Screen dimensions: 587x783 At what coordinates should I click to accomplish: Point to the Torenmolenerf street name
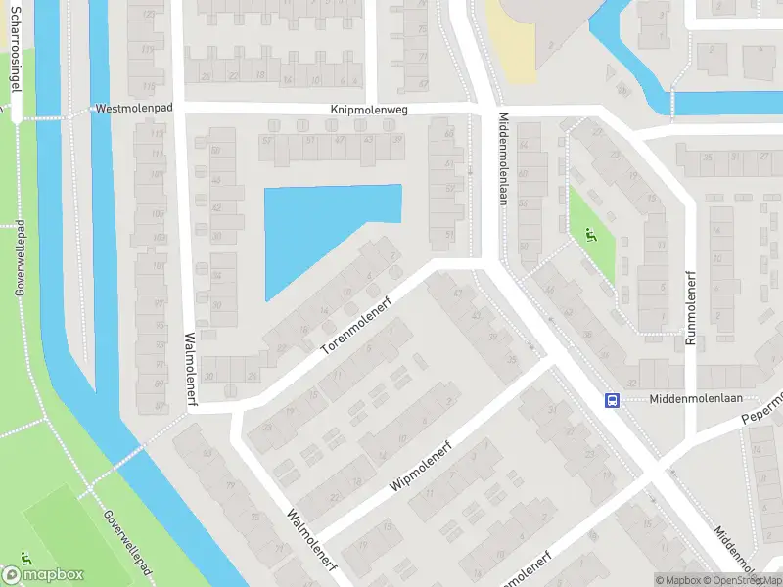pos(358,325)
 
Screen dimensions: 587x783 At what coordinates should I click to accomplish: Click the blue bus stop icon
pos(613,400)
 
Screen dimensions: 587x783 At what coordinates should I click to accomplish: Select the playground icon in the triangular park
pos(589,234)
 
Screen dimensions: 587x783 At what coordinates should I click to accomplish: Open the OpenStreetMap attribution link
pos(745,580)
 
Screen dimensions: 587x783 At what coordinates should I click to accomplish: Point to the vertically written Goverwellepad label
pos(19,259)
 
